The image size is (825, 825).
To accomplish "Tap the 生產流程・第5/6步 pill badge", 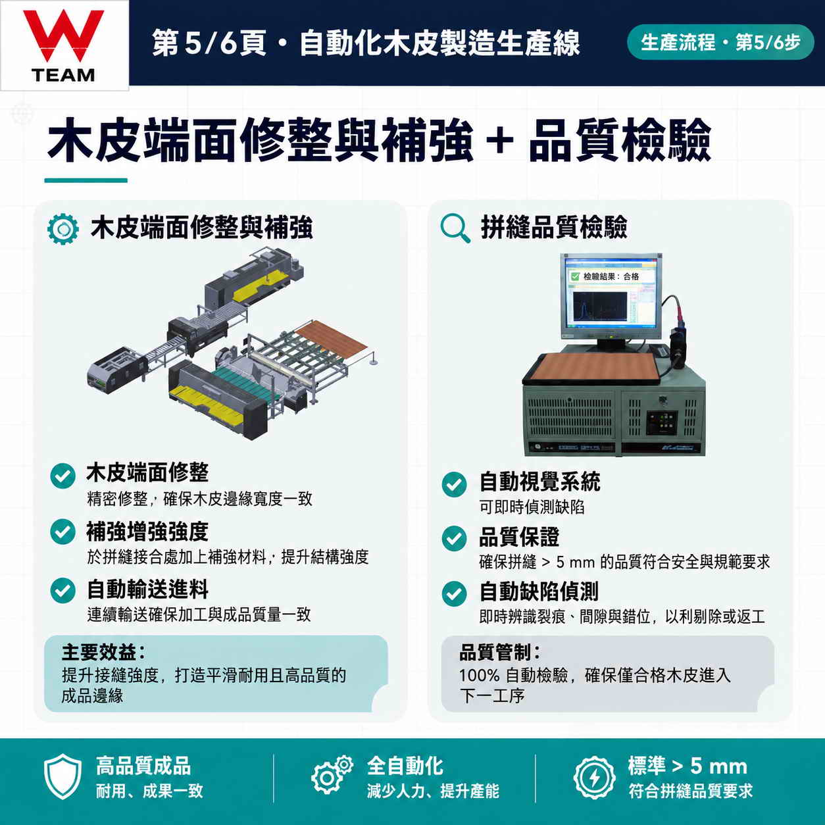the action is point(720,42).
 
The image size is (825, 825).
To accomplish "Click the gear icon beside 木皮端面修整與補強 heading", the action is point(63,229).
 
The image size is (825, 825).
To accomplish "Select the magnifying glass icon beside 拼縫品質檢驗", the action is point(455,228).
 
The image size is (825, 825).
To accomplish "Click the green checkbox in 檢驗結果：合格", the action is point(576,276).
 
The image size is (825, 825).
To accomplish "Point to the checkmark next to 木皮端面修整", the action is point(63,476).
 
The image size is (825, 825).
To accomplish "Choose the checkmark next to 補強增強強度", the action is point(63,532).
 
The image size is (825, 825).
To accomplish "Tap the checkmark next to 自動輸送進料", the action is point(63,590).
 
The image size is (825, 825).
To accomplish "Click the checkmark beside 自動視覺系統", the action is point(454,485).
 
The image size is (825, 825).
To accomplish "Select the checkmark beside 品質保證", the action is point(454,539).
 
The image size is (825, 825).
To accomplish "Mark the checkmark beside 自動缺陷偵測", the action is point(454,594).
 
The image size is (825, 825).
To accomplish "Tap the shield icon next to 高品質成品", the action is point(63,776).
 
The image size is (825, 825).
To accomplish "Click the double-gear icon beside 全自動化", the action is point(332,776).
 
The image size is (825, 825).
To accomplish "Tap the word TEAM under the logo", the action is point(63,76).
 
